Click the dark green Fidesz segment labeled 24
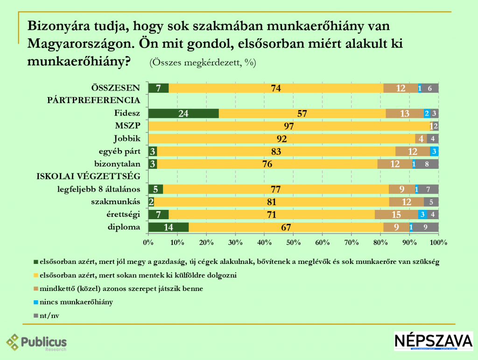click(183, 113)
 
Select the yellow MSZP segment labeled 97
click(288, 126)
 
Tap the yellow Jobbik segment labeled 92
click(281, 138)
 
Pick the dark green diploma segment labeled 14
click(169, 227)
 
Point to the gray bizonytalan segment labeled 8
click(427, 164)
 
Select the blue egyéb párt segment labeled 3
click(434, 151)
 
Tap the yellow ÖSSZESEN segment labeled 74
click(276, 88)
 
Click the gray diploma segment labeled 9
click(425, 227)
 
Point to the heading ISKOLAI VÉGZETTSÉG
click(89, 176)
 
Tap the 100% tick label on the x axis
click(438, 242)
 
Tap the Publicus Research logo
click(37, 343)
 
